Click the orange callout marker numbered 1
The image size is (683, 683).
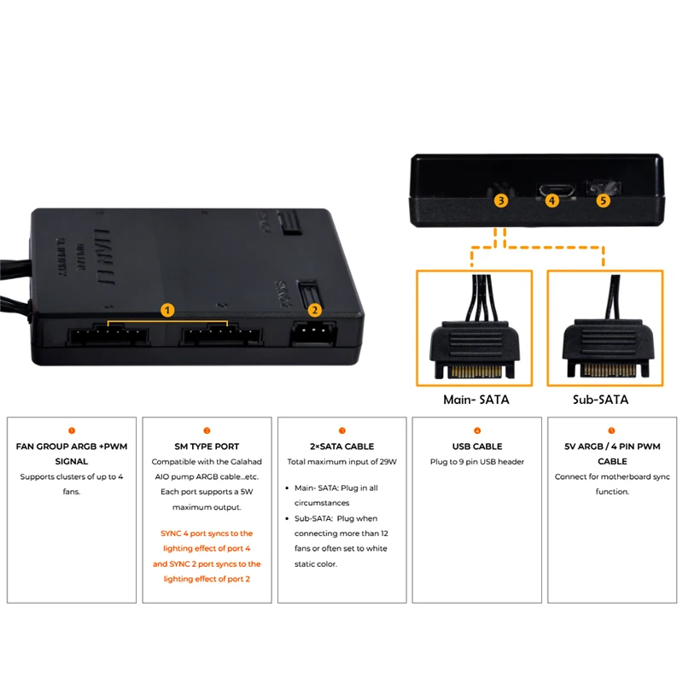167,310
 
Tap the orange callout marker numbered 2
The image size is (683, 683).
314,310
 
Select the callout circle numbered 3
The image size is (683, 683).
501,201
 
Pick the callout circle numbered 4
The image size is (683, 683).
552,201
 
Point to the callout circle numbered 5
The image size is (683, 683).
603,201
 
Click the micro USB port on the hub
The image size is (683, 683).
557,190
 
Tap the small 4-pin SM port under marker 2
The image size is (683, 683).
313,333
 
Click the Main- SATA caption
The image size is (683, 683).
476,400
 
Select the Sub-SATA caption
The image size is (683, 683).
600,400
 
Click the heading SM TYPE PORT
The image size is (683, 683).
207,447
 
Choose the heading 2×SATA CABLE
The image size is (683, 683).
342,447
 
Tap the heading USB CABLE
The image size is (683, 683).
477,447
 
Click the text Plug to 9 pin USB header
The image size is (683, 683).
477,462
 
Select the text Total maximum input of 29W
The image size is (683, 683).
342,462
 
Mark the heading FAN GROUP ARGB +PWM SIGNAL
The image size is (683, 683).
72,454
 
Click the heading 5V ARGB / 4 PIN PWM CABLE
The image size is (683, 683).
612,454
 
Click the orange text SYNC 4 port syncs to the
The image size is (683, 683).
207,533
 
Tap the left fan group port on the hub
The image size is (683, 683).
108,335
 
